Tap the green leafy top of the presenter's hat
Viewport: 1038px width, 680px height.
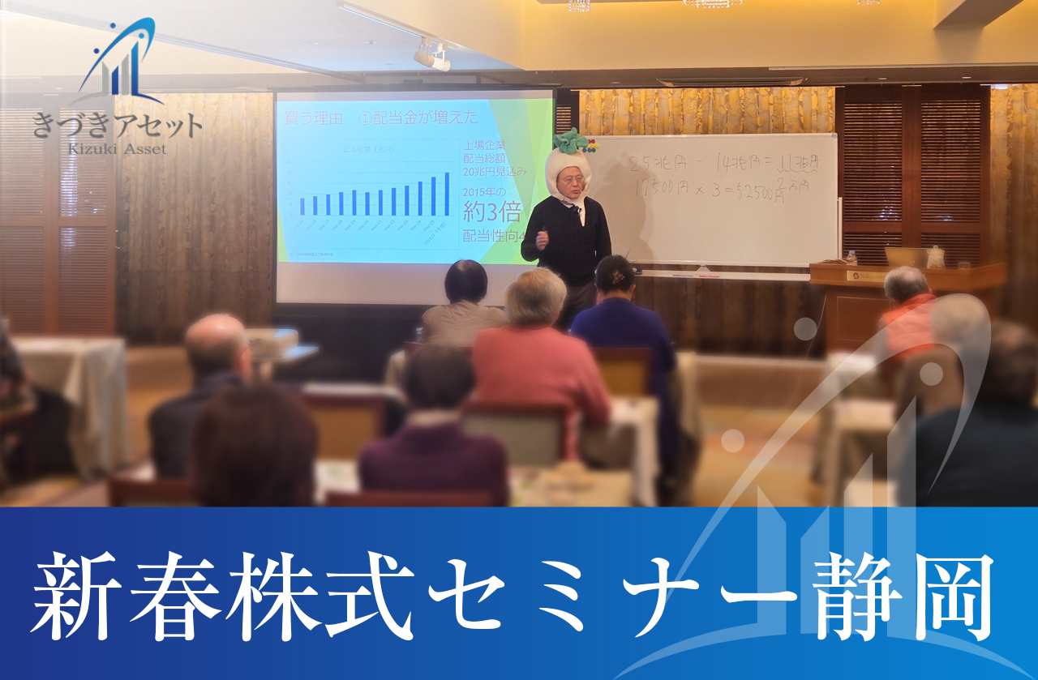570,139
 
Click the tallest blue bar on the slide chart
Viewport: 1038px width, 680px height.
446,194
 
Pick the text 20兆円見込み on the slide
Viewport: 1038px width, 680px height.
494,172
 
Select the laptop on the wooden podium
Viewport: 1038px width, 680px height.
905,257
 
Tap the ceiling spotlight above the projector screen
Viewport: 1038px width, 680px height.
431,54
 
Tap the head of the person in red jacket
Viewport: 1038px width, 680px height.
905,283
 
